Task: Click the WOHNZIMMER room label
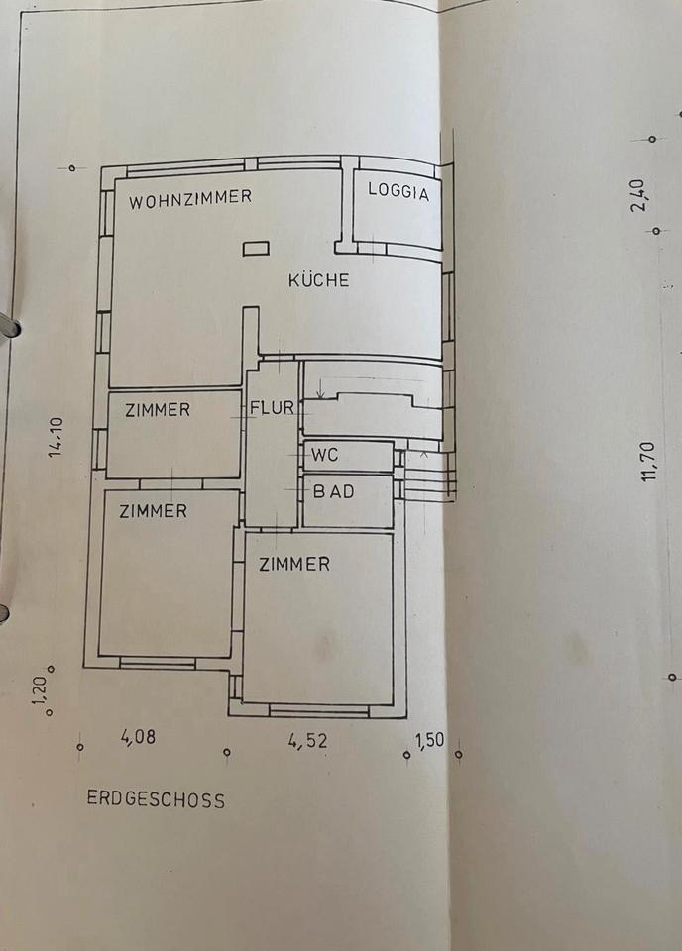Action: (190, 198)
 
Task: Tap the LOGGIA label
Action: (398, 192)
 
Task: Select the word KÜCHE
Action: (318, 280)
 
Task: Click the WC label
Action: (325, 456)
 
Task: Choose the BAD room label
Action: (333, 491)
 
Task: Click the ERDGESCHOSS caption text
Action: (156, 799)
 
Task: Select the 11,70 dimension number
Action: (649, 462)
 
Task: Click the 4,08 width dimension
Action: (138, 737)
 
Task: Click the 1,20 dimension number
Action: (40, 690)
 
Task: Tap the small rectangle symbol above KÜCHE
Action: (256, 249)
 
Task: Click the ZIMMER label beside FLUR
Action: (157, 409)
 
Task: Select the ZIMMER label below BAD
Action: (294, 564)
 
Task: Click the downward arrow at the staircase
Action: (319, 392)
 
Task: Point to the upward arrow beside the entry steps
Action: (424, 454)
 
